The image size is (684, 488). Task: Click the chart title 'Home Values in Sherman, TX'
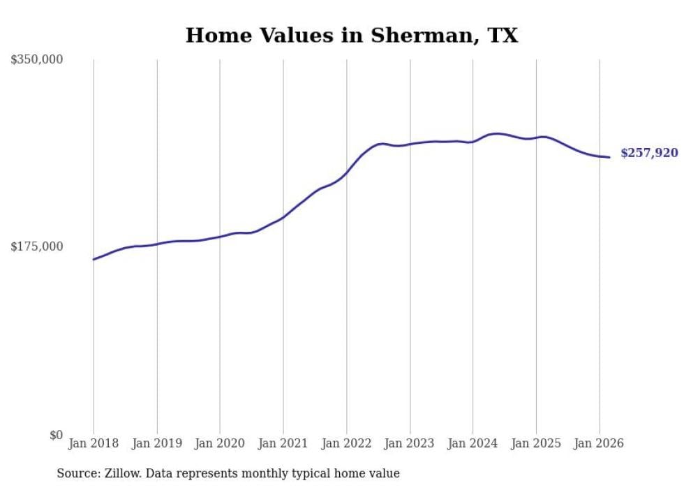352,35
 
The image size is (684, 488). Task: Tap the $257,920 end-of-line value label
649,153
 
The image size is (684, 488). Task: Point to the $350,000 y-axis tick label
36,60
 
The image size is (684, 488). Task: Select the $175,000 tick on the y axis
36,246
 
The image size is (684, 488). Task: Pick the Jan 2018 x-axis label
94,443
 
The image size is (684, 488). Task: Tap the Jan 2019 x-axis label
157,443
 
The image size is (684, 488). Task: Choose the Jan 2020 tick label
220,443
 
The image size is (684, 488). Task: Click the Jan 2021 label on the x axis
283,443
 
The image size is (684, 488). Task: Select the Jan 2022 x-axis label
346,443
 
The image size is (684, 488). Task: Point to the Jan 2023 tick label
410,443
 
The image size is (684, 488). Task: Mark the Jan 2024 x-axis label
473,443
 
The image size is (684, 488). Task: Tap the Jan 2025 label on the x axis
536,443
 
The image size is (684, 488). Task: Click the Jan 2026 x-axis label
599,443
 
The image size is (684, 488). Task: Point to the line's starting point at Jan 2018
94,259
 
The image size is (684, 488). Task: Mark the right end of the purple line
610,157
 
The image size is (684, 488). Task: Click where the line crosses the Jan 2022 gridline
346,172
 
